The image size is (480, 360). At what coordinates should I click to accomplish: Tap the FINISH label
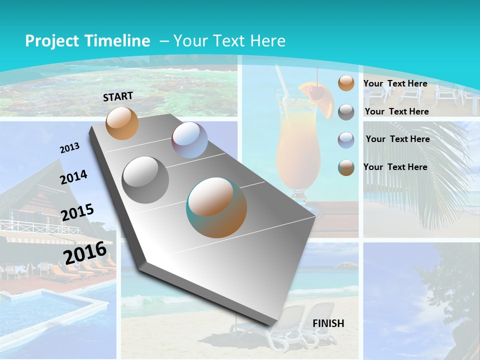click(328, 323)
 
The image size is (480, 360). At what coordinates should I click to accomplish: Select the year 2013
click(69, 148)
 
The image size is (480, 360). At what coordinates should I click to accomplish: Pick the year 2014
click(73, 177)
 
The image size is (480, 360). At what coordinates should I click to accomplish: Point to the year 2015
click(77, 212)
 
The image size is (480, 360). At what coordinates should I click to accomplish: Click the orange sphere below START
click(122, 123)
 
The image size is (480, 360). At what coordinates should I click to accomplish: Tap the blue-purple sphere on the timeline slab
click(189, 140)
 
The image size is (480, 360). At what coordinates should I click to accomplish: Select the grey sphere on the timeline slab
click(145, 179)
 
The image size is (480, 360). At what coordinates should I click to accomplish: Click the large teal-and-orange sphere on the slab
click(216, 207)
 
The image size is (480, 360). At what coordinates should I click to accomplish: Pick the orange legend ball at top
click(345, 83)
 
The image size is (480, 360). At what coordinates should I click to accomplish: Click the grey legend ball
click(345, 111)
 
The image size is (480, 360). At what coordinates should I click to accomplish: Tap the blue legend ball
click(345, 139)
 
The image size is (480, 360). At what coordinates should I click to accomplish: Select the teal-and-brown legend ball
click(345, 167)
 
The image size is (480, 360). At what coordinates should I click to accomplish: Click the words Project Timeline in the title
click(87, 41)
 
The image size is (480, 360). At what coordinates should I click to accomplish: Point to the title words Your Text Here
click(229, 41)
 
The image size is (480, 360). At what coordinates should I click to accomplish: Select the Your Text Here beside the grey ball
click(396, 111)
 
